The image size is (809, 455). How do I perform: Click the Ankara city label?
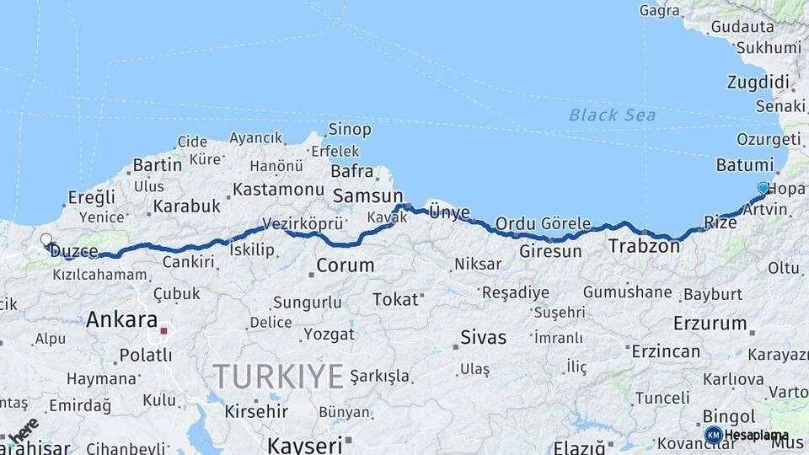121,320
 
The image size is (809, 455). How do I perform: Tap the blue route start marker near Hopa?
763,188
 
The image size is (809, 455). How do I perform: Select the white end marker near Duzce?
46,240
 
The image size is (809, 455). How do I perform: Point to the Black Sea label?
612,115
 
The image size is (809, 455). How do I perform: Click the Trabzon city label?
644,247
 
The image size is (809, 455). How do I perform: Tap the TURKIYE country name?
278,375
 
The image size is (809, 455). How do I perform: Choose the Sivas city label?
483,338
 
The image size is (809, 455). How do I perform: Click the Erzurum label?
710,323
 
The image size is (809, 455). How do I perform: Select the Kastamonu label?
278,190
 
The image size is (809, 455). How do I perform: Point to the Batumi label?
744,164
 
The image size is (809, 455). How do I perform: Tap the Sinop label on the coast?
348,130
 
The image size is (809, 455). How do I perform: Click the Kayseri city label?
304,444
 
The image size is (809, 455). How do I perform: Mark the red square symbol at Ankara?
163,330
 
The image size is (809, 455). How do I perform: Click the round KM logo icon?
713,435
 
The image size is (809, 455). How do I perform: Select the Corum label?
345,265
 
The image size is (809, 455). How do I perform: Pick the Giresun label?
550,251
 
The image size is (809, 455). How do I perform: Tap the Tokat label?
395,299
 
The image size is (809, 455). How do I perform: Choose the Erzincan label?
666,351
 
